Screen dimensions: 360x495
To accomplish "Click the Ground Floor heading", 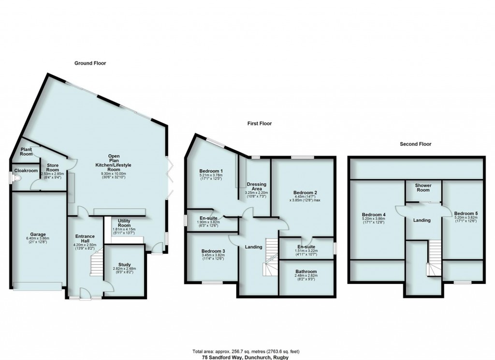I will pyautogui.click(x=90, y=63).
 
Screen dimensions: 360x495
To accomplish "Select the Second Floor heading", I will pyautogui.click(x=415, y=144).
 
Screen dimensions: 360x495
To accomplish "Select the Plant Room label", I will pyautogui.click(x=26, y=151).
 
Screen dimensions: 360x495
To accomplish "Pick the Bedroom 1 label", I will pyautogui.click(x=211, y=171).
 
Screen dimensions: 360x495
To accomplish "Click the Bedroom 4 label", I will pyautogui.click(x=374, y=214).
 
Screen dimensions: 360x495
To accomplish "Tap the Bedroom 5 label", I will pyautogui.click(x=466, y=213).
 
